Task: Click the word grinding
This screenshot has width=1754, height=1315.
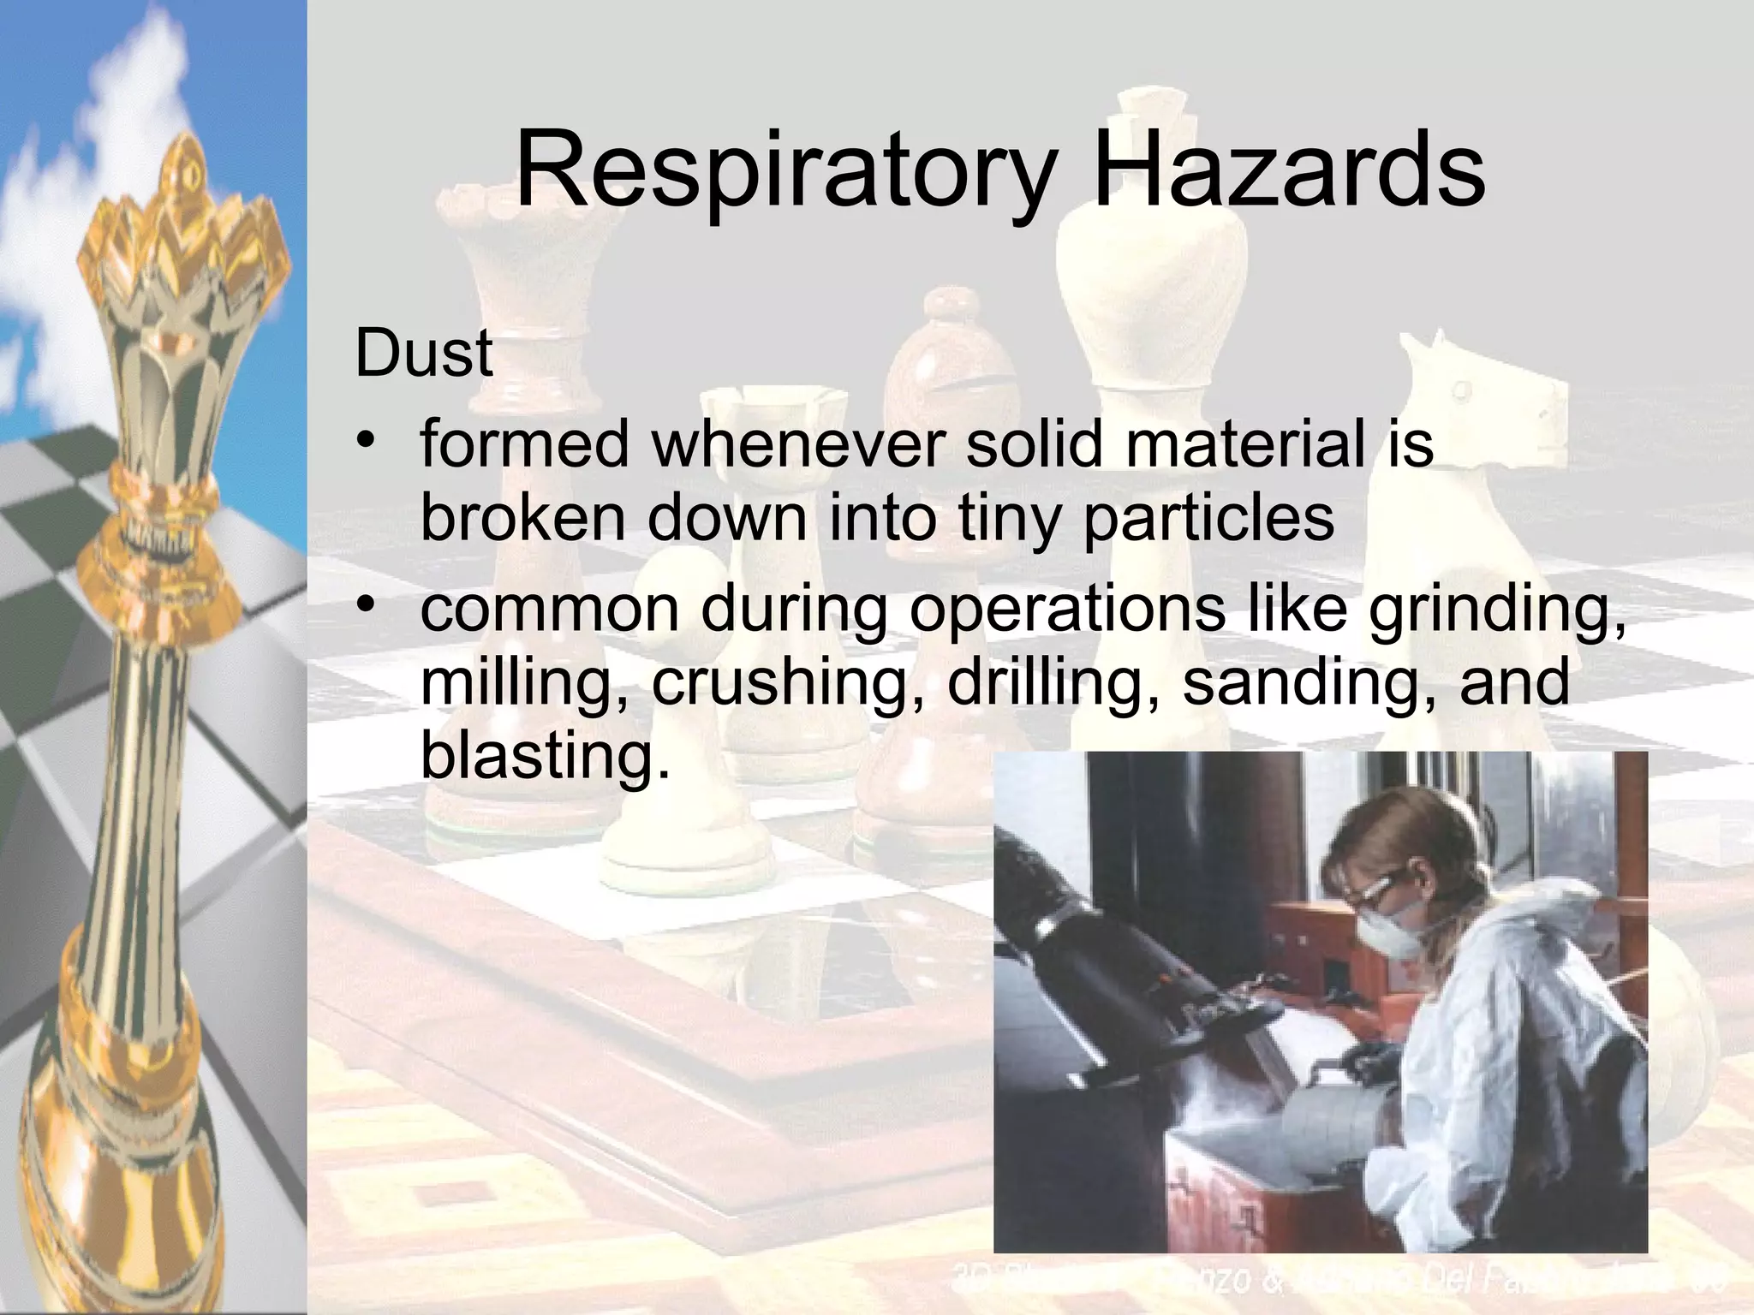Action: pos(1497,610)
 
